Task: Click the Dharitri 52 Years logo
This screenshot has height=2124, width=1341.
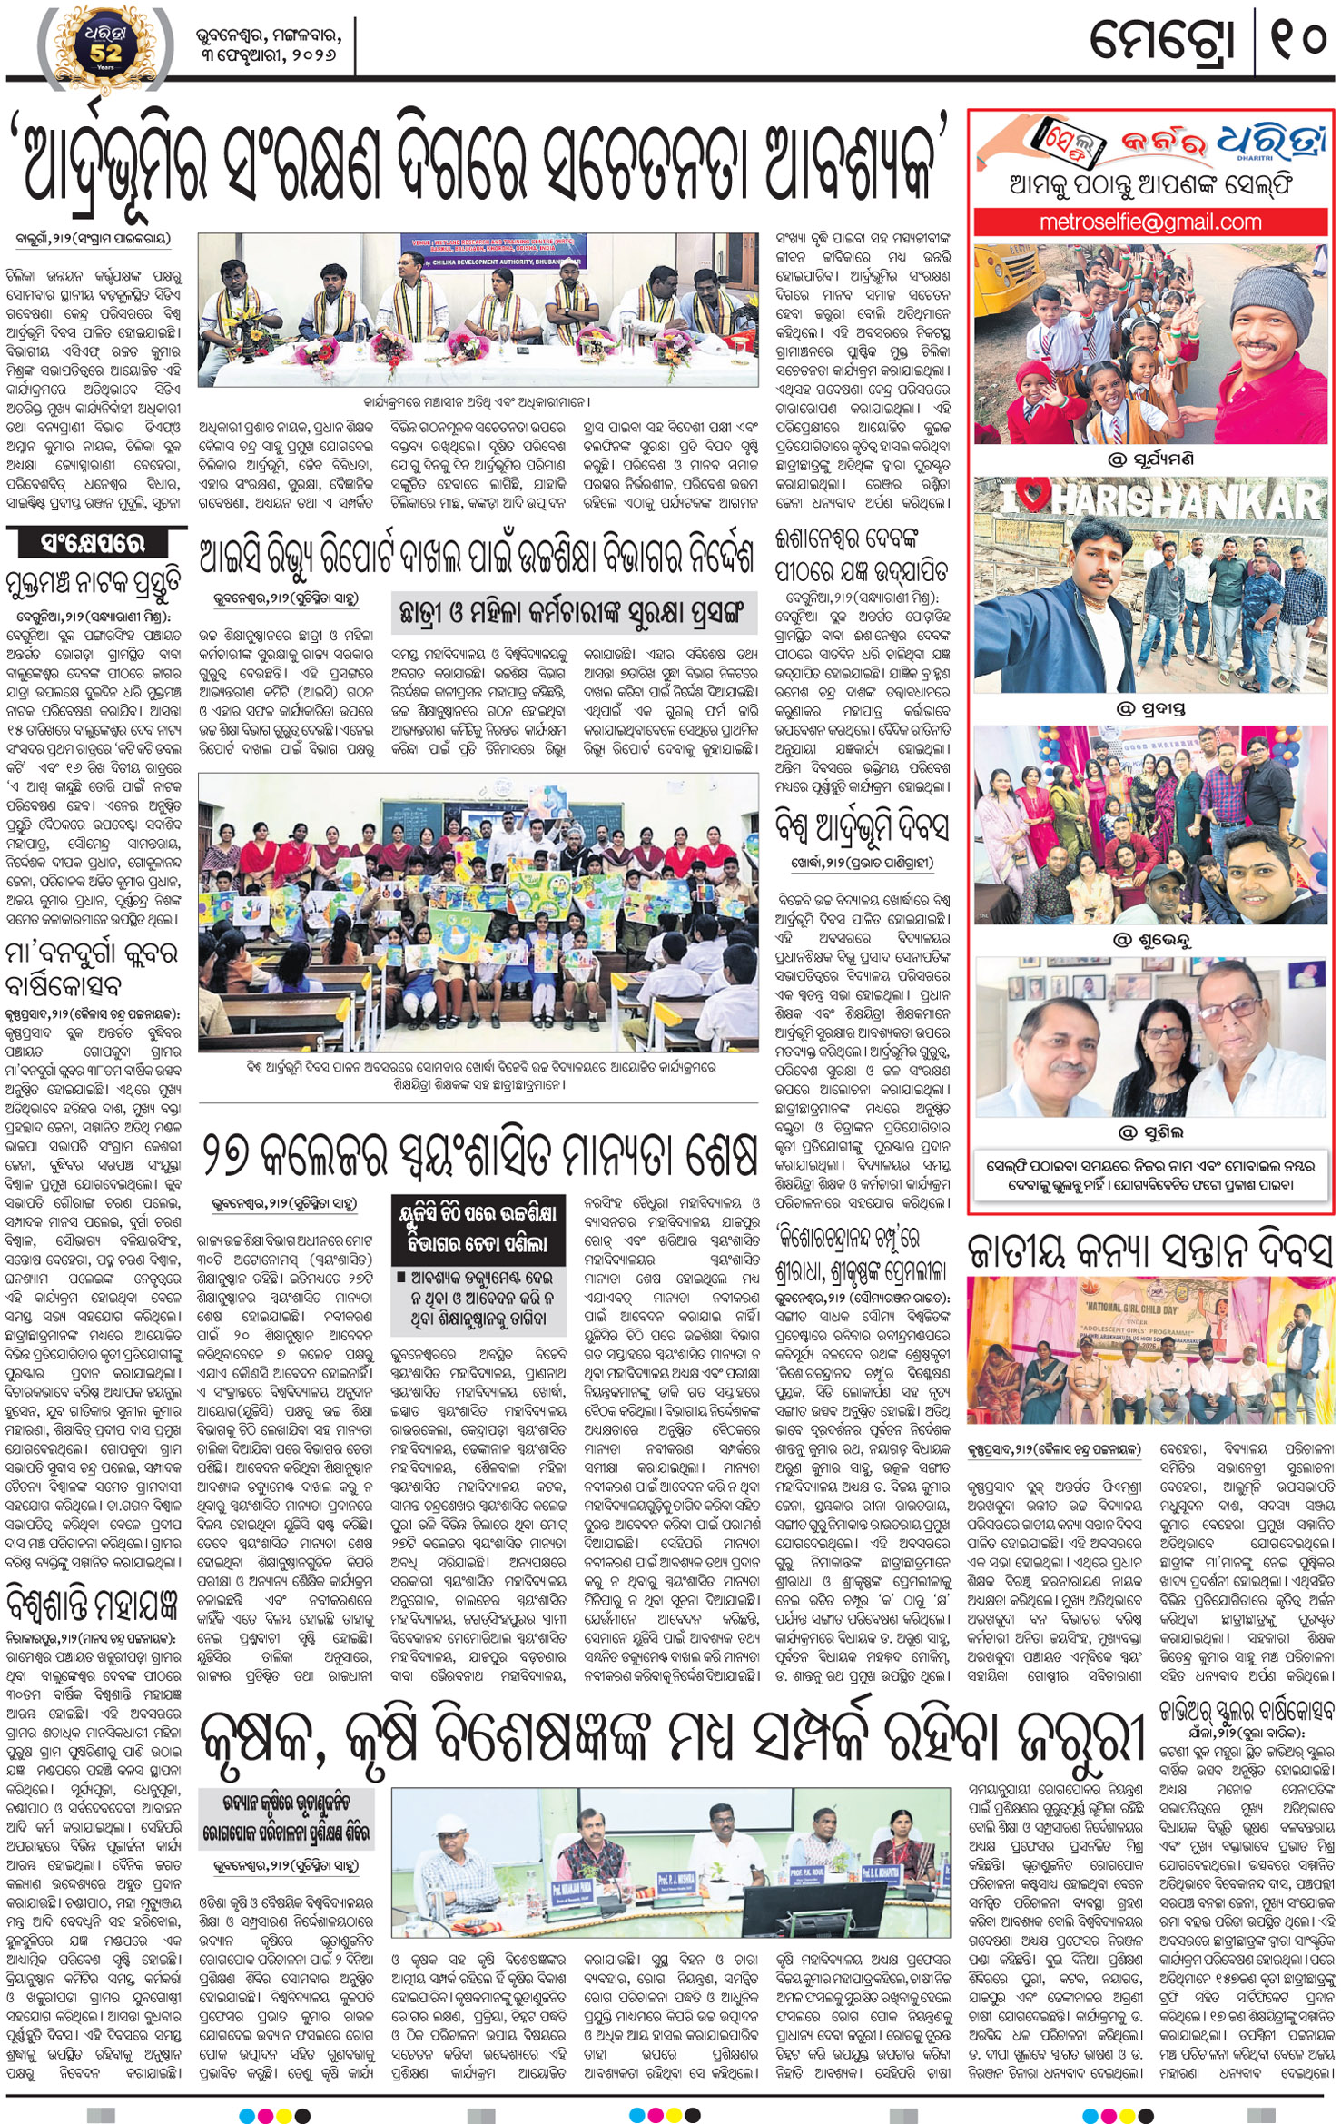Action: (x=105, y=43)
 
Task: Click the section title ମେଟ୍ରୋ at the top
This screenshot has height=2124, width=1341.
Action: (x=1163, y=40)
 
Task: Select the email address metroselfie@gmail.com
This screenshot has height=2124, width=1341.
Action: (x=1150, y=222)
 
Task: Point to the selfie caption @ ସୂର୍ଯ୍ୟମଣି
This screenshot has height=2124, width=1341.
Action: (x=1150, y=459)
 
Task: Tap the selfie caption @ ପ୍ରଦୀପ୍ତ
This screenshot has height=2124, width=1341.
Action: (x=1150, y=708)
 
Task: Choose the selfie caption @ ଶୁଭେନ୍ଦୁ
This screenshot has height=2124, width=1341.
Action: (x=1150, y=941)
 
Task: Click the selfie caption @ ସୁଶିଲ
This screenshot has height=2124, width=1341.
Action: (x=1150, y=1132)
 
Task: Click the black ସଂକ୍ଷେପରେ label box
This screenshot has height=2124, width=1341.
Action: (x=93, y=544)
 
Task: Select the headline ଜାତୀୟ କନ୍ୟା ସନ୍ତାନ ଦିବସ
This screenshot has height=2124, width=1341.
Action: (x=1149, y=1250)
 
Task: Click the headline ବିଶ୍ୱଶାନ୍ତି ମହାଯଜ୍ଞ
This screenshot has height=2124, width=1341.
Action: (x=94, y=1604)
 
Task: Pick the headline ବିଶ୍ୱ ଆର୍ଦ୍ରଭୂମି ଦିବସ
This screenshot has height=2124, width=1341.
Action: (x=861, y=827)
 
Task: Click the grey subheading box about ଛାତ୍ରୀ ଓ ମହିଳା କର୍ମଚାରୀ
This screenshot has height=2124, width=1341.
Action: (x=573, y=613)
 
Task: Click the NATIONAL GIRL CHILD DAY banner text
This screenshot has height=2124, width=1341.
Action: (x=1131, y=1310)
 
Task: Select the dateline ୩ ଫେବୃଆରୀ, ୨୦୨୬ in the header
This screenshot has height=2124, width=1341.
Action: (x=269, y=55)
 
